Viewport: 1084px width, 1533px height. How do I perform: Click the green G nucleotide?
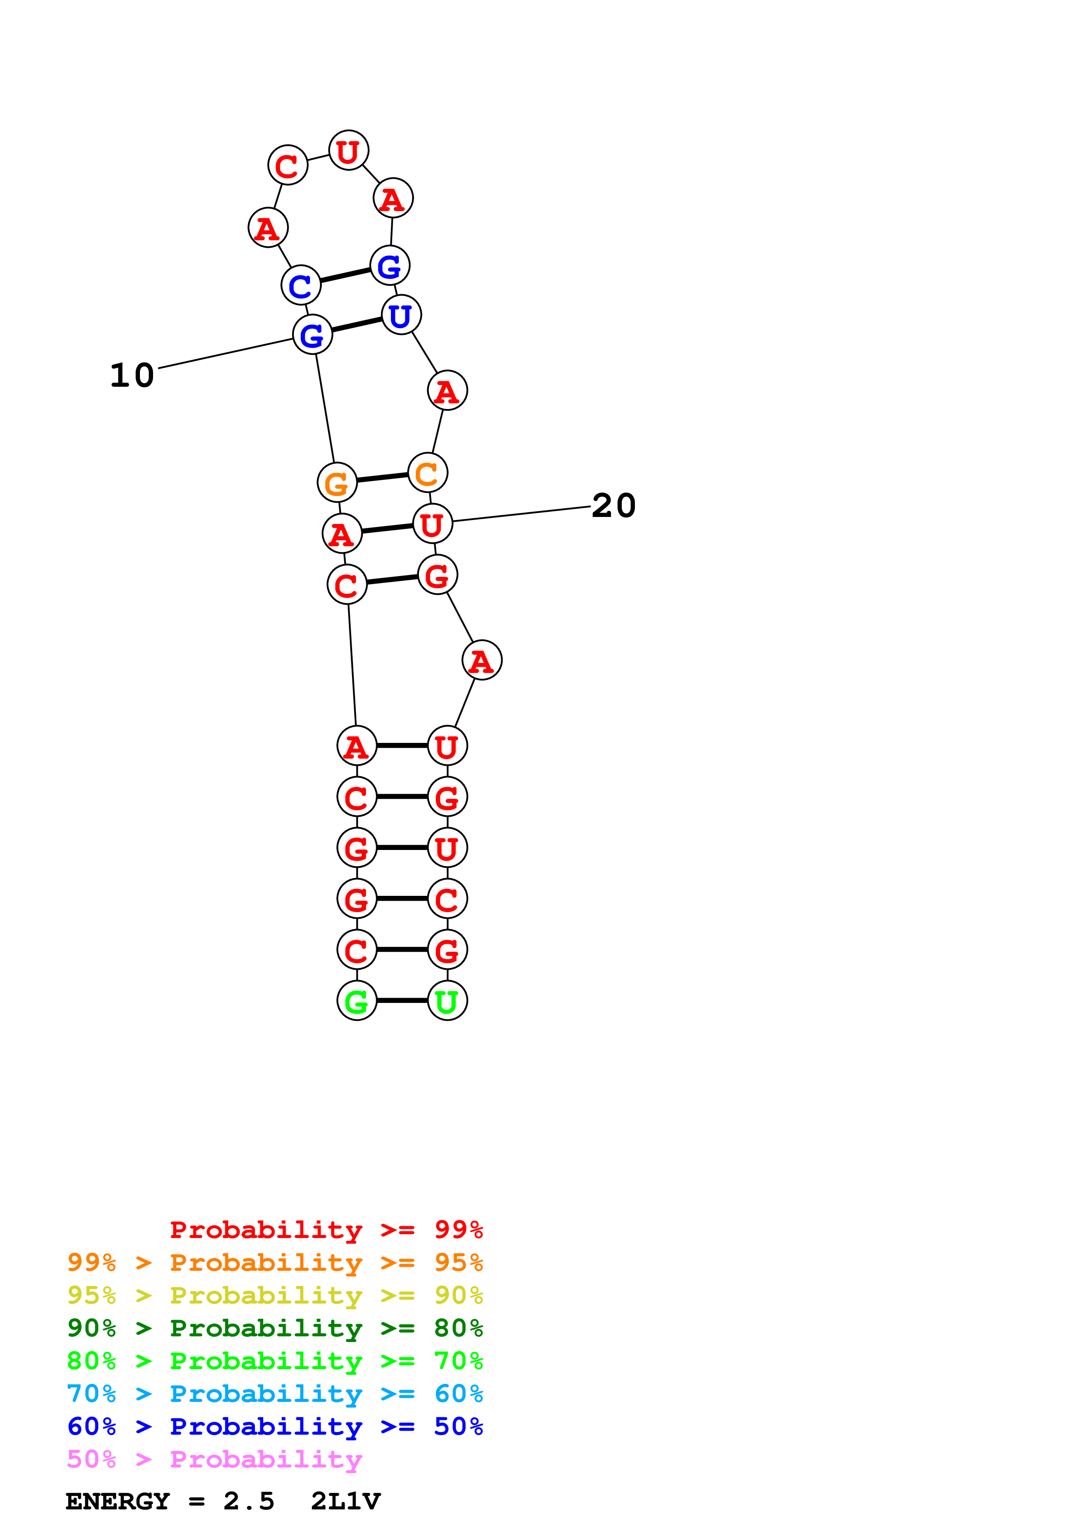pyautogui.click(x=357, y=1001)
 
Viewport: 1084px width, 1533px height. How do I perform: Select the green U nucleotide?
pyautogui.click(x=447, y=1001)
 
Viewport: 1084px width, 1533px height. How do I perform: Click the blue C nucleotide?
pyautogui.click(x=300, y=285)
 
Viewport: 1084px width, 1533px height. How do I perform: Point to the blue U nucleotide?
pyautogui.click(x=401, y=315)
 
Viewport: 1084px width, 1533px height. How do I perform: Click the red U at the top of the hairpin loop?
pyautogui.click(x=349, y=151)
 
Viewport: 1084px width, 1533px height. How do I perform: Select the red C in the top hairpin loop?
pyautogui.click(x=287, y=165)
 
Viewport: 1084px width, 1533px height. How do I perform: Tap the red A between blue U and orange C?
pyautogui.click(x=447, y=391)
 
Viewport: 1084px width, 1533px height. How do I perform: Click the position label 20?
pyautogui.click(x=613, y=506)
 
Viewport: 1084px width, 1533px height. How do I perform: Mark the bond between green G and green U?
pyautogui.click(x=402, y=1001)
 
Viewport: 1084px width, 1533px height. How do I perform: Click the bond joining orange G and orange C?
pyautogui.click(x=382, y=477)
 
